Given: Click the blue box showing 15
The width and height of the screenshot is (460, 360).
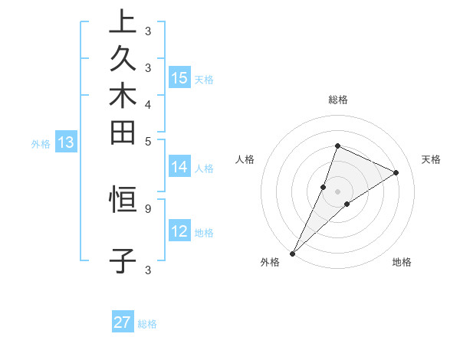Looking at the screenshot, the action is coord(179,78).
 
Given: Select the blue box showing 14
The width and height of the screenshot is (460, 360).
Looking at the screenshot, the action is coord(179,168).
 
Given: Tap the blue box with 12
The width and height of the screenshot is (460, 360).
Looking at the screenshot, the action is coord(179,232).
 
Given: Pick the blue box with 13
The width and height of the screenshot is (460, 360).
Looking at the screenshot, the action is coord(66,142).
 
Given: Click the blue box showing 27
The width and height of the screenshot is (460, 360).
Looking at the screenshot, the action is coord(123,322).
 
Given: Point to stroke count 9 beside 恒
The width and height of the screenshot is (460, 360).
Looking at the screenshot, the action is coord(147,208).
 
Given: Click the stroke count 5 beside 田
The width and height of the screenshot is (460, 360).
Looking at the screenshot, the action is coord(147,141).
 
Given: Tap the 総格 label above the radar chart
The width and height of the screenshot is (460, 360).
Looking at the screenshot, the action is coord(337,100).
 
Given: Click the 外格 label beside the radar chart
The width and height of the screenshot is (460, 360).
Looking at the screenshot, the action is coord(270,262).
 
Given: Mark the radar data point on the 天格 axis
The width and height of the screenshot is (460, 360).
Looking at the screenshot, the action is coord(396,172).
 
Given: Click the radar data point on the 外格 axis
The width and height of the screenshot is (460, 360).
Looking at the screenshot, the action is coord(293,254).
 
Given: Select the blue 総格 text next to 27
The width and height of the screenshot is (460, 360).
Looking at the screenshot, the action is coord(147,324).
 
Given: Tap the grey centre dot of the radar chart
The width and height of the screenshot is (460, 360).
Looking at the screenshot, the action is coord(337,191).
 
